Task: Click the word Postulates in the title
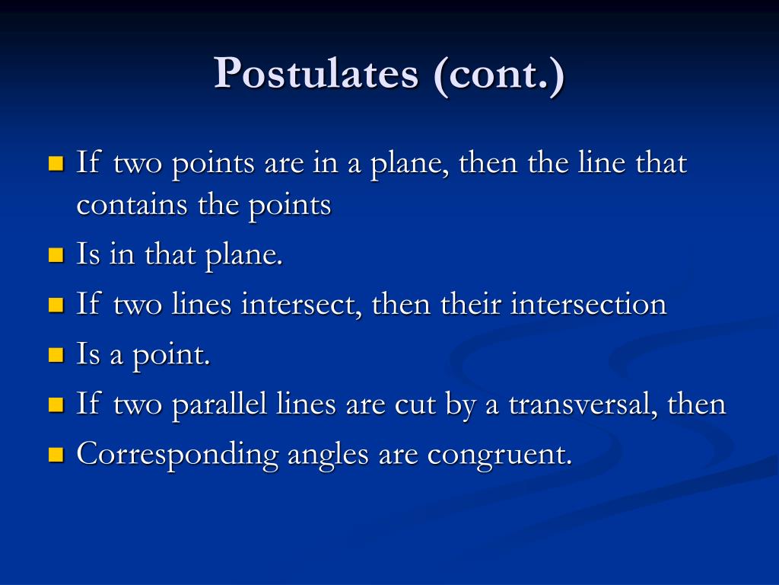316,75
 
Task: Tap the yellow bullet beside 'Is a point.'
56,354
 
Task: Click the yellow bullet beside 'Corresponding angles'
56,455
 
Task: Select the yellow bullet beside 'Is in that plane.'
56,254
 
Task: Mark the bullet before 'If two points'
56,163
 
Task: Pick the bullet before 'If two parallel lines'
56,404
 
